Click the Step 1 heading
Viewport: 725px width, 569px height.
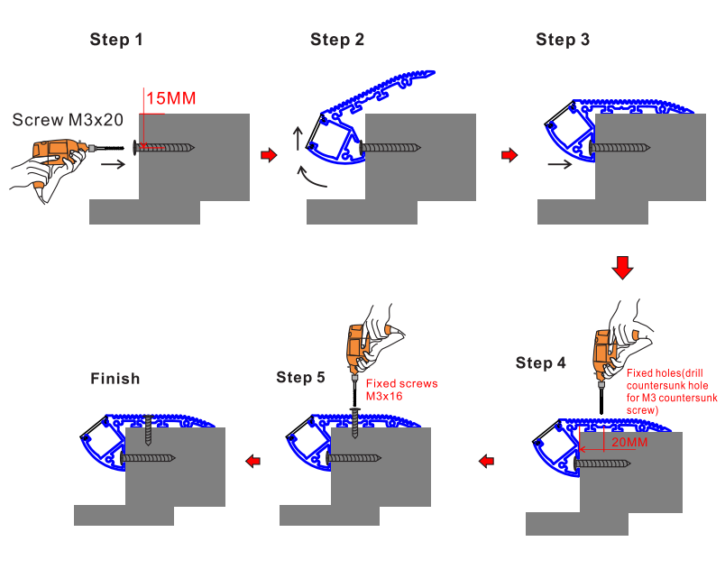pyautogui.click(x=116, y=40)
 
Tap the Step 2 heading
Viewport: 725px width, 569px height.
pyautogui.click(x=337, y=40)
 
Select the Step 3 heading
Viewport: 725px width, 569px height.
pyautogui.click(x=563, y=40)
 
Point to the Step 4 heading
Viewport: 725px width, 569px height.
pyautogui.click(x=541, y=363)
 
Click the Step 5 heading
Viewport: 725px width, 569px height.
pyautogui.click(x=300, y=377)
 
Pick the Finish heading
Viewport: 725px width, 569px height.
pyautogui.click(x=115, y=379)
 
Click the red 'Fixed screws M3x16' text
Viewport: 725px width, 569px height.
pyautogui.click(x=401, y=390)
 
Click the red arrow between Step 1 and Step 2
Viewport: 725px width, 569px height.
pyautogui.click(x=268, y=155)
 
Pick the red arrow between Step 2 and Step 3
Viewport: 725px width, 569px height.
pyautogui.click(x=509, y=155)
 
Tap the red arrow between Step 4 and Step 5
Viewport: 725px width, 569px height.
pyautogui.click(x=486, y=462)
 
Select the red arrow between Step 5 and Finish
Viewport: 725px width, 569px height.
pyautogui.click(x=253, y=462)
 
